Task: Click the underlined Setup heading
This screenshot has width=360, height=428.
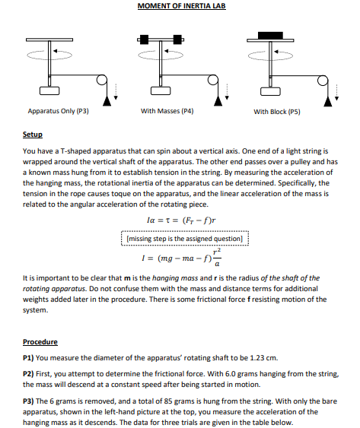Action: [31, 135]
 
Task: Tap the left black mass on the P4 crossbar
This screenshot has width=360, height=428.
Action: [144, 38]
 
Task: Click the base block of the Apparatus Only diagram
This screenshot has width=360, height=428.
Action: [50, 91]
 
